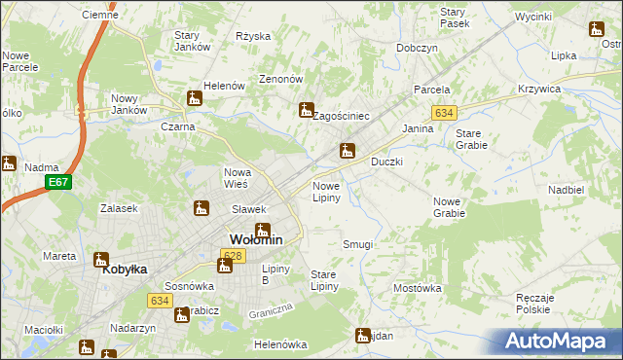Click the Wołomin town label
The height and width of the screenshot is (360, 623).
tap(256, 239)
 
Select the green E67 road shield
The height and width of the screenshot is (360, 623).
tap(58, 182)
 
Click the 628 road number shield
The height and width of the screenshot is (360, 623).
tap(232, 255)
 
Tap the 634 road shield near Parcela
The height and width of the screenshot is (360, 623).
tap(445, 113)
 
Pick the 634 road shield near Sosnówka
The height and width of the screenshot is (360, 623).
tap(161, 301)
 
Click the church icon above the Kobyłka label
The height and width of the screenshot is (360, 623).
tap(100, 259)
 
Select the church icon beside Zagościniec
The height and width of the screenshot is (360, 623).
tap(307, 109)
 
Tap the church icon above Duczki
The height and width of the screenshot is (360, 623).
tap(346, 150)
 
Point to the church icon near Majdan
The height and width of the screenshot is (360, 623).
tap(364, 335)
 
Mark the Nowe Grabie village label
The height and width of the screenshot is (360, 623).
tap(448, 206)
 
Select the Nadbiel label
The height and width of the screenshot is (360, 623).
tap(566, 190)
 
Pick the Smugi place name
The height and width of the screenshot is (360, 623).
tap(357, 244)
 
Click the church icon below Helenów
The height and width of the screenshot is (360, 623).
tap(195, 98)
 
